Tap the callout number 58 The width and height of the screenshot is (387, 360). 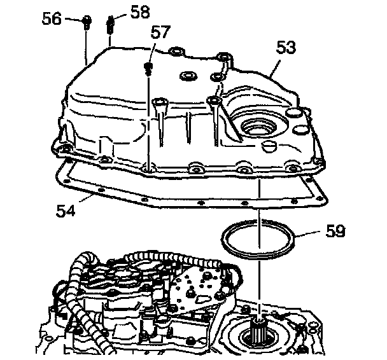[142, 10]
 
